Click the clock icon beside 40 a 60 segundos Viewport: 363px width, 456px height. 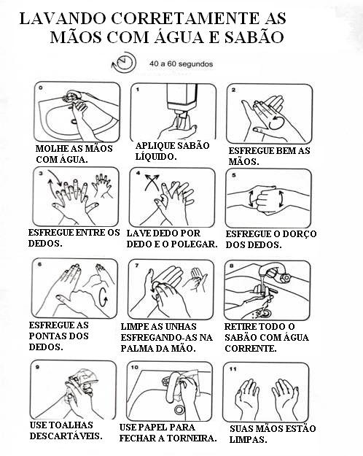pos(124,63)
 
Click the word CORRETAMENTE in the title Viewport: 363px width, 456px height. pos(184,19)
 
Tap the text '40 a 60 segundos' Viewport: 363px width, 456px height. pos(181,63)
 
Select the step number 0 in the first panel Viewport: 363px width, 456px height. pos(41,88)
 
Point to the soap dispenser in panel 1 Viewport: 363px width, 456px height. pos(181,101)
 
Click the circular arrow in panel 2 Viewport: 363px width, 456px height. pos(276,123)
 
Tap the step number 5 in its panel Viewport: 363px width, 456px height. pos(234,175)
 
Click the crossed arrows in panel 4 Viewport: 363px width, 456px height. pos(152,182)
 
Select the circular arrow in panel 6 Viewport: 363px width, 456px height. pos(104,297)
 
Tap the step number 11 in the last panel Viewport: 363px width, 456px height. pos(233,369)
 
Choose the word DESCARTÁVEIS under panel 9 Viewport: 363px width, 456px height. pos(66,436)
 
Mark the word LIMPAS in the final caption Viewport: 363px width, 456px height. pos(249,439)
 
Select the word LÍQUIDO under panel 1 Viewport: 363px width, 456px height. pos(156,156)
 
